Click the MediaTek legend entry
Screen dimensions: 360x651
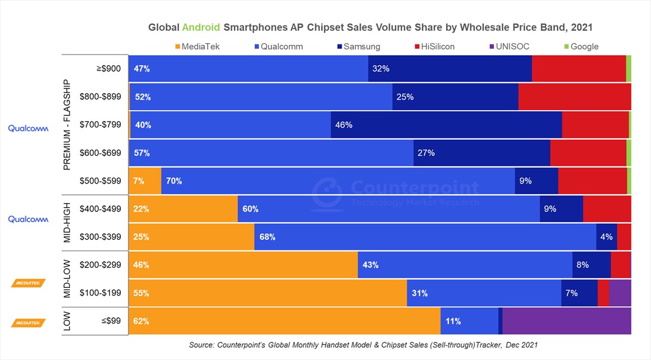[198, 46]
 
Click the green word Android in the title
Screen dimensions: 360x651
[201, 27]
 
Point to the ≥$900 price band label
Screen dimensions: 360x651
[108, 69]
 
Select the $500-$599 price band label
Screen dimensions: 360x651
[101, 181]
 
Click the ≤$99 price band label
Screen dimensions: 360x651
[111, 322]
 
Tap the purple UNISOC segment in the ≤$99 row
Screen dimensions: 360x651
[566, 322]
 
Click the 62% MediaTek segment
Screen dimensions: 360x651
[284, 322]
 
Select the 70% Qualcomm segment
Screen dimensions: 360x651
[338, 181]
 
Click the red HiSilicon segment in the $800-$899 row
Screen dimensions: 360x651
[574, 97]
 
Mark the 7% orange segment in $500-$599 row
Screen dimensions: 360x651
[145, 181]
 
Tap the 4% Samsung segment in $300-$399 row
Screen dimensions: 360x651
[606, 237]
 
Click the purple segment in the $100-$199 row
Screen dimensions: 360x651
[620, 293]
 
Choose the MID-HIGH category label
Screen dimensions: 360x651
[67, 223]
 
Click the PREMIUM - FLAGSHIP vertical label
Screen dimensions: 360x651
[67, 124]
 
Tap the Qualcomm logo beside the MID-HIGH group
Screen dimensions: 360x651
[28, 219]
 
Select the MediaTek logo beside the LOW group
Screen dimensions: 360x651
[28, 323]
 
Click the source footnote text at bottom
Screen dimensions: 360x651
[363, 345]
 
